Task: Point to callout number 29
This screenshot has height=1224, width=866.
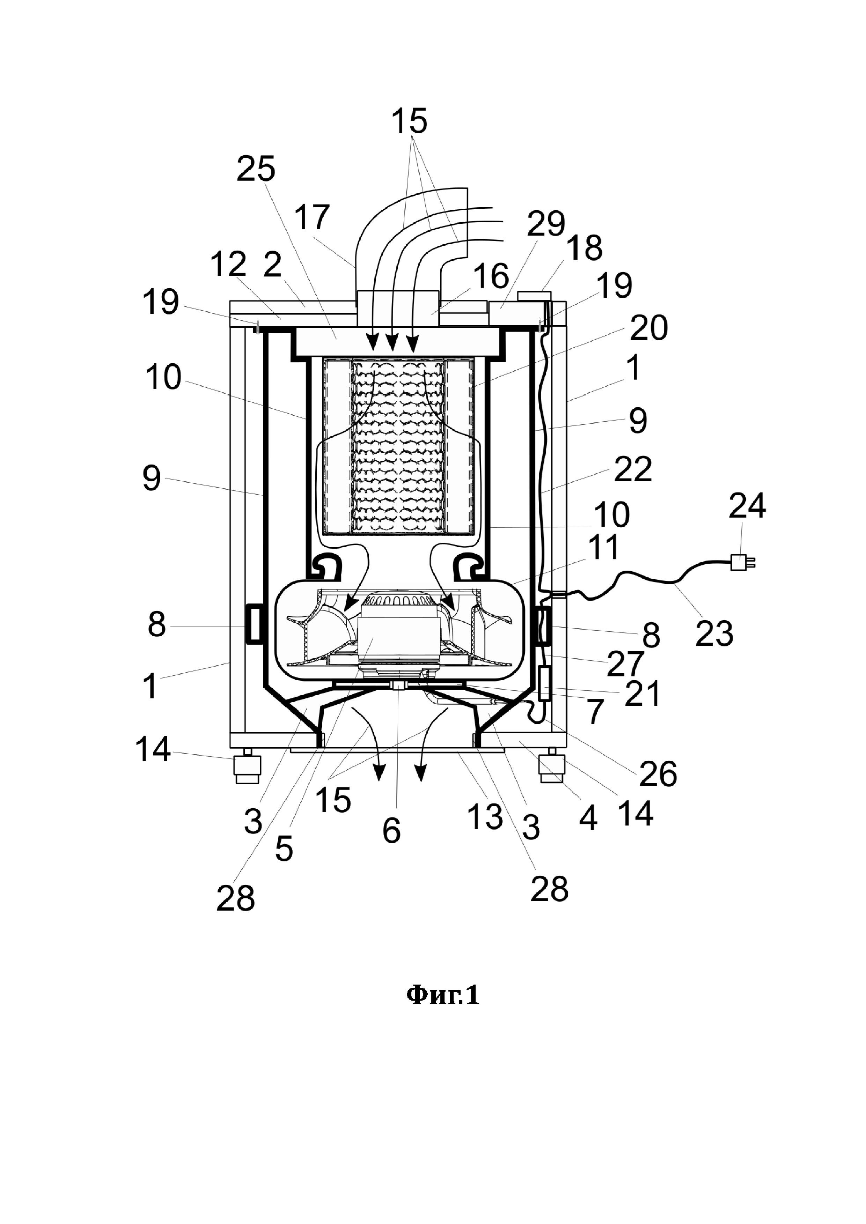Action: click(x=546, y=224)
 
